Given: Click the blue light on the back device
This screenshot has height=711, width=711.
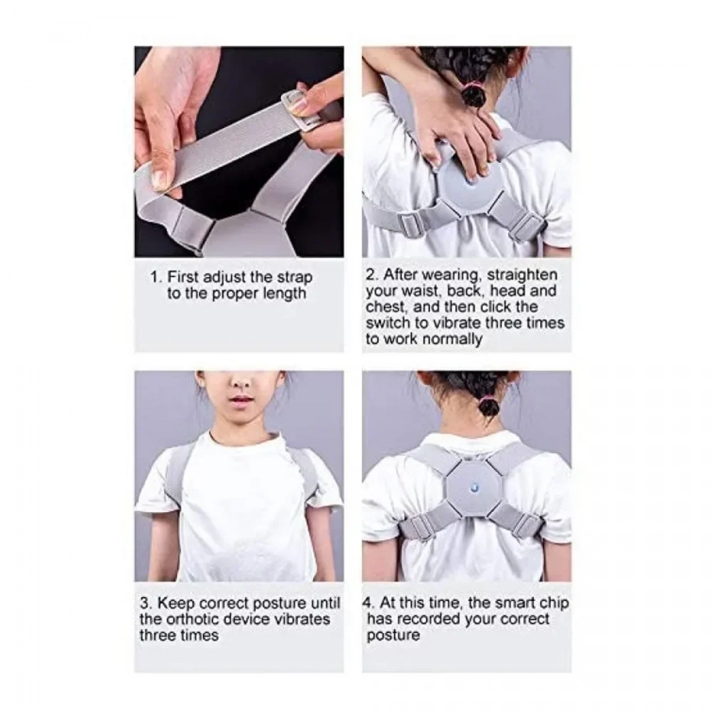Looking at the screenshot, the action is [x=473, y=488].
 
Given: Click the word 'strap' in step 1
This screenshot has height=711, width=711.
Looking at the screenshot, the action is [x=294, y=278].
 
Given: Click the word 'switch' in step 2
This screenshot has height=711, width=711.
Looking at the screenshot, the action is [x=387, y=324].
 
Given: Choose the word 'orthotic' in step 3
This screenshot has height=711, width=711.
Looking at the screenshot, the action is [x=203, y=620].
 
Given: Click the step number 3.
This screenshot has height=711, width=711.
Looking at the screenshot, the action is [x=145, y=604].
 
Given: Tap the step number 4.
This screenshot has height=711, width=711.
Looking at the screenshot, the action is [x=368, y=604].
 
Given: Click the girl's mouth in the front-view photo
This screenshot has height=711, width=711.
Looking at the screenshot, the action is [x=241, y=399].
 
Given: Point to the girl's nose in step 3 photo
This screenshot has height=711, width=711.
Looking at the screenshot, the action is [x=241, y=382].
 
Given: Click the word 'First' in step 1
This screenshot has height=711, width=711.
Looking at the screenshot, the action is [x=183, y=277].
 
